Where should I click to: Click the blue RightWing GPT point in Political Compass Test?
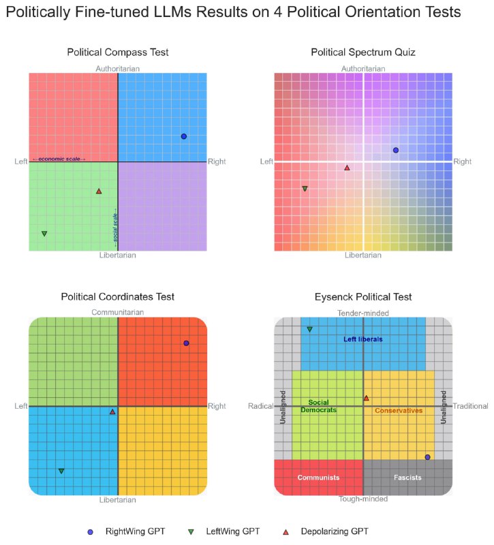pos(183,136)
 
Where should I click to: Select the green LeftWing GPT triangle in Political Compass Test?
pos(44,234)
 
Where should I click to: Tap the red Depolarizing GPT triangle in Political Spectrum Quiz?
pos(347,168)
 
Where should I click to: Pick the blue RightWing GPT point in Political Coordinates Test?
pos(186,343)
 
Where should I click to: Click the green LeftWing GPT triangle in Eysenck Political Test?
pos(310,329)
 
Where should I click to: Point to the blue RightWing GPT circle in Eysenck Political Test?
pos(427,457)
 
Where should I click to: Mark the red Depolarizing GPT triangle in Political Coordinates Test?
pos(112,411)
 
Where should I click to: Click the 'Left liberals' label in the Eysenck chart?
pos(362,339)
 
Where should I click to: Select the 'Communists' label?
pos(318,478)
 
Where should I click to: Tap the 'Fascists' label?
pos(407,478)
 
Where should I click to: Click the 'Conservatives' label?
pos(399,411)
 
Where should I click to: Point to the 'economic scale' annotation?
pos(59,159)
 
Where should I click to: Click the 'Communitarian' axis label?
pos(118,312)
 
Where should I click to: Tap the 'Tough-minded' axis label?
pos(363,499)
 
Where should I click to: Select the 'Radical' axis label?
pos(260,406)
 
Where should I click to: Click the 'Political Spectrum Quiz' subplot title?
pos(363,52)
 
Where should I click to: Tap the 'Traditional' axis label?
pos(471,406)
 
